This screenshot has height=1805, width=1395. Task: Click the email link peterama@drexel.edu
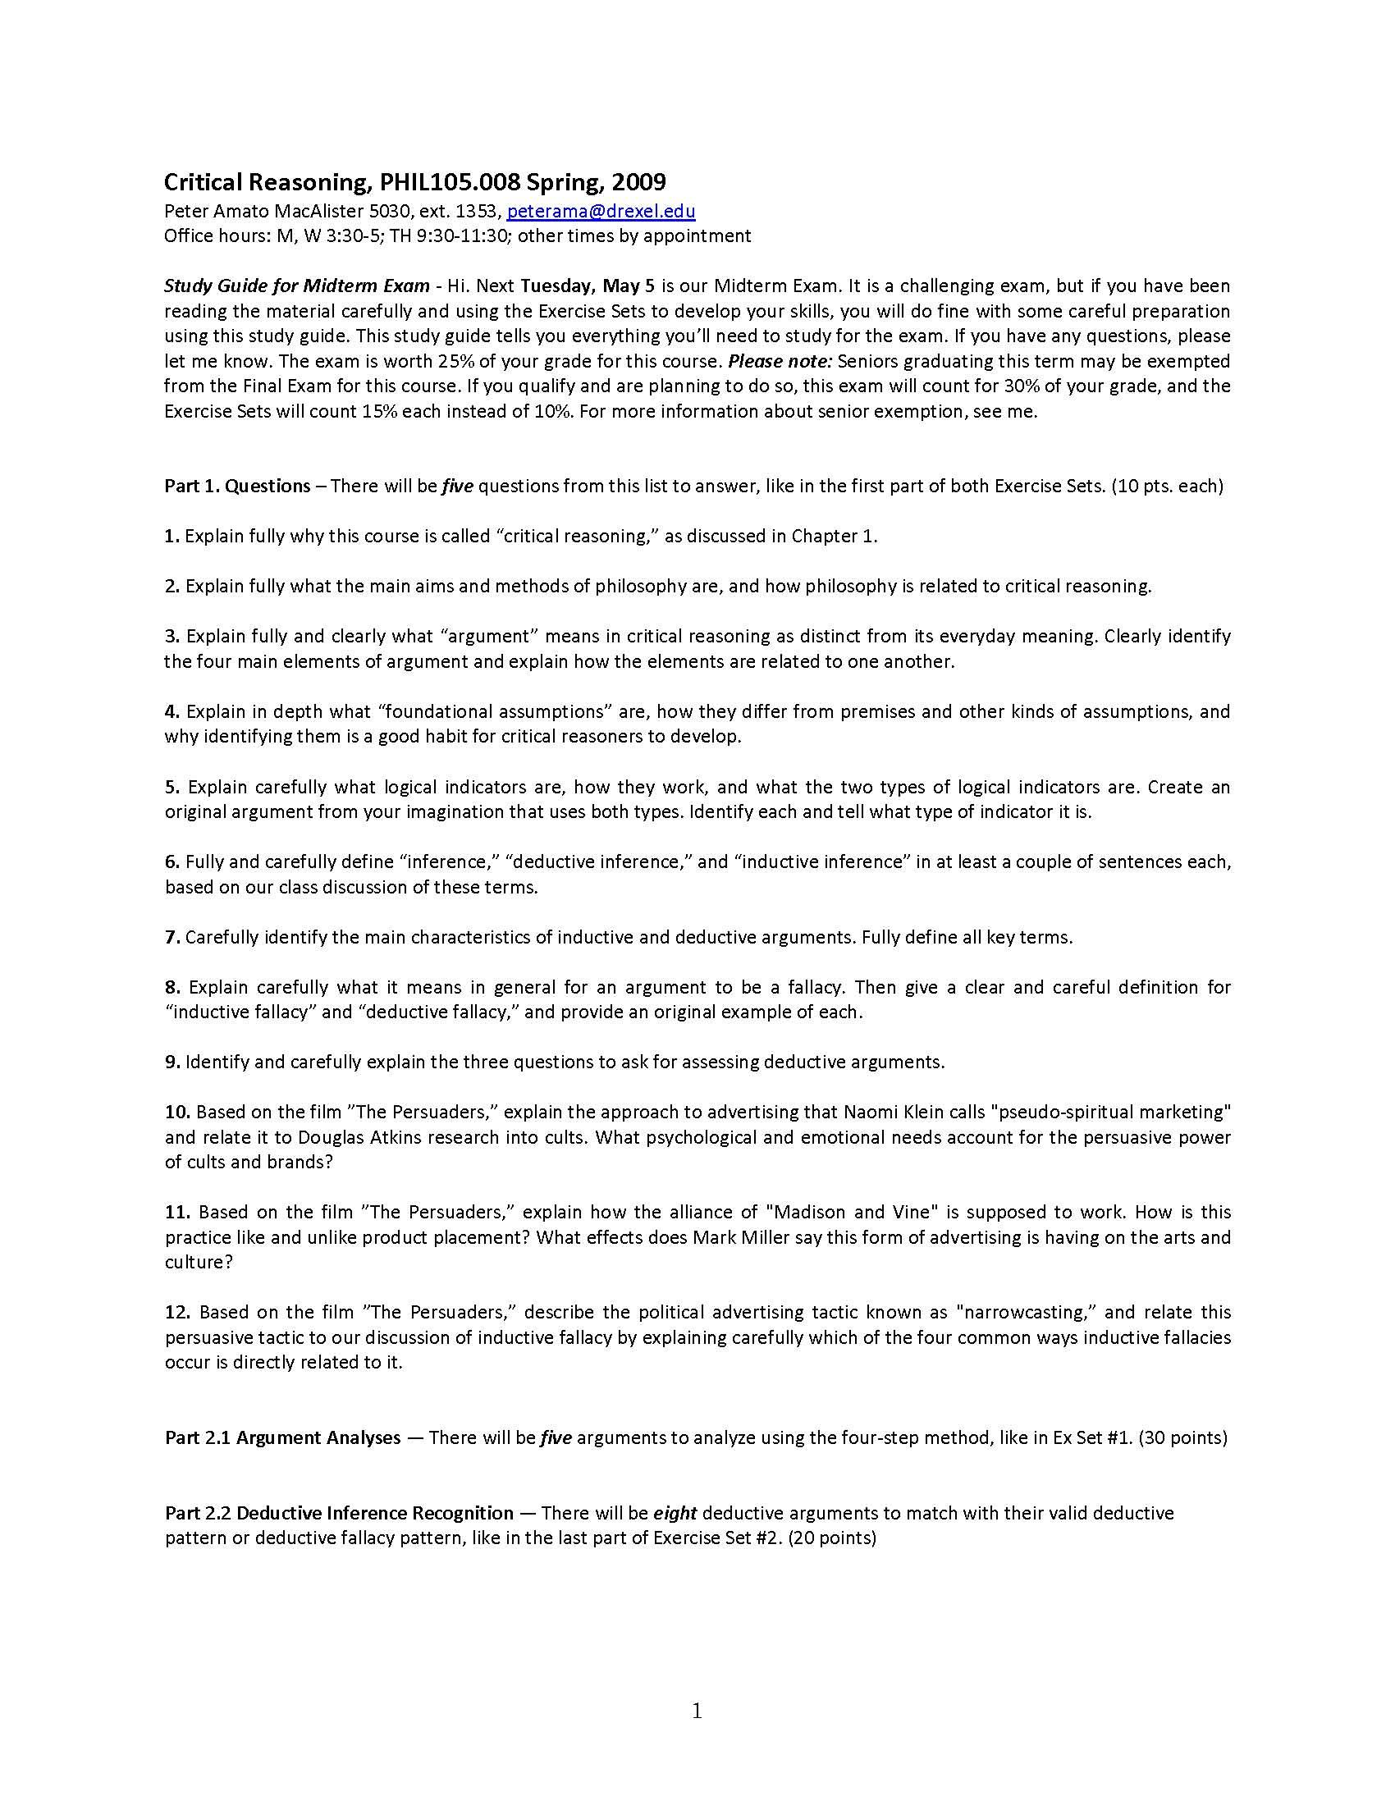coord(601,211)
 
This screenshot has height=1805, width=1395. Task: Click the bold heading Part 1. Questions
coord(237,485)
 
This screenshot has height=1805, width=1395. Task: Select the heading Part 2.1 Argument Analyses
coord(282,1437)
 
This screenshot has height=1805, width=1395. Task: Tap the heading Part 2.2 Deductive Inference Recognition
coord(339,1512)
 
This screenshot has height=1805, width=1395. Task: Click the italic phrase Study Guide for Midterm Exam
coord(297,286)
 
